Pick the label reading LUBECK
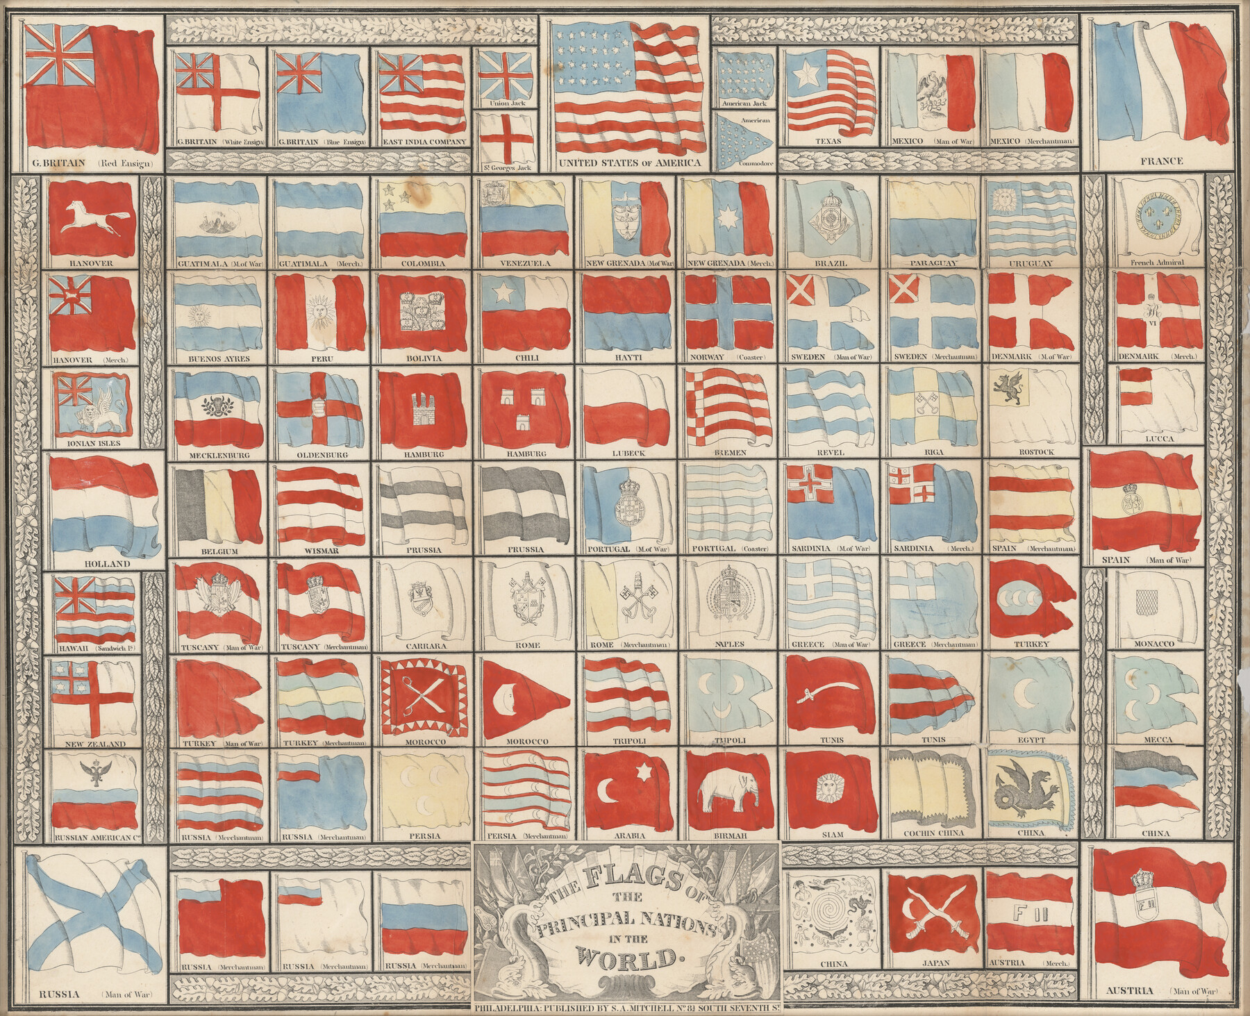[629, 453]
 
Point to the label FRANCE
[1160, 161]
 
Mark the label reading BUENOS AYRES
[219, 359]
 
